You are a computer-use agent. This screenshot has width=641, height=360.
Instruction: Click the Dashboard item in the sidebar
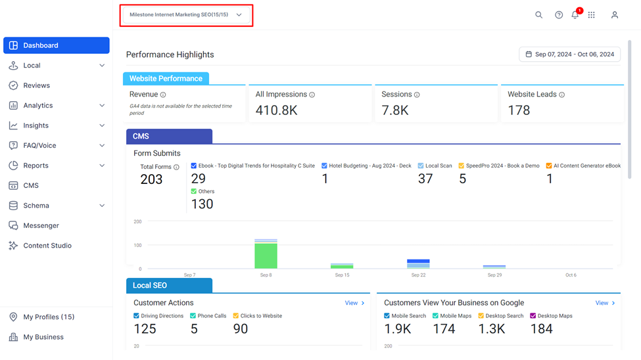tap(57, 45)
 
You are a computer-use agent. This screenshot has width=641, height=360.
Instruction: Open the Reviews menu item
tap(36, 85)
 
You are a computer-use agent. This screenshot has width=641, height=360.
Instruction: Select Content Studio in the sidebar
tap(47, 246)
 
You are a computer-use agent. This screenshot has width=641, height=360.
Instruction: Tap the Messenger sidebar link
tap(41, 225)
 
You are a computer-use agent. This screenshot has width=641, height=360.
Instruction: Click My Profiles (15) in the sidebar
tap(49, 317)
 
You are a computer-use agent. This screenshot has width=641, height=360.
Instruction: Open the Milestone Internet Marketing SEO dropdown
tap(186, 15)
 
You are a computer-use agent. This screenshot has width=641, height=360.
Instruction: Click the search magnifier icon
tap(539, 15)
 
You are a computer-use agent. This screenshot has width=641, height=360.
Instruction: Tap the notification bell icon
tap(575, 15)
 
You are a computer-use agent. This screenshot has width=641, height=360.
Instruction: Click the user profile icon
tap(615, 15)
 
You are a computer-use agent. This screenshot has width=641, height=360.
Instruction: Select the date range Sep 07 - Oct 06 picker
tap(569, 55)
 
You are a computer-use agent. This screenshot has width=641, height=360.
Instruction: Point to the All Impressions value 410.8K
tap(276, 110)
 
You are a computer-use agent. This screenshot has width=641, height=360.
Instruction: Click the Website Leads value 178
tap(519, 110)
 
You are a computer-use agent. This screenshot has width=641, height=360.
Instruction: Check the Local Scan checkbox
tap(421, 166)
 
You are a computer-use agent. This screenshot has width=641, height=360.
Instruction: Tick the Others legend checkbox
tap(194, 191)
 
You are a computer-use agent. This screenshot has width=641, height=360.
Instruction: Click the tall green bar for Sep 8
tap(266, 256)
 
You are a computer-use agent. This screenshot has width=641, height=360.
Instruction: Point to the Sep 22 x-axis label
tap(418, 275)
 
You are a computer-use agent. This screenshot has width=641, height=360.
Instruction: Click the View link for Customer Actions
tap(354, 303)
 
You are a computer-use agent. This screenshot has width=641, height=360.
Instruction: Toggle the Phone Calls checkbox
tap(193, 316)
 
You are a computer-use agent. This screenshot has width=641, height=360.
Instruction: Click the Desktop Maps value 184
tap(541, 329)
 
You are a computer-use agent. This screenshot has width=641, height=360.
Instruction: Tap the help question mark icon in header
tap(559, 15)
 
